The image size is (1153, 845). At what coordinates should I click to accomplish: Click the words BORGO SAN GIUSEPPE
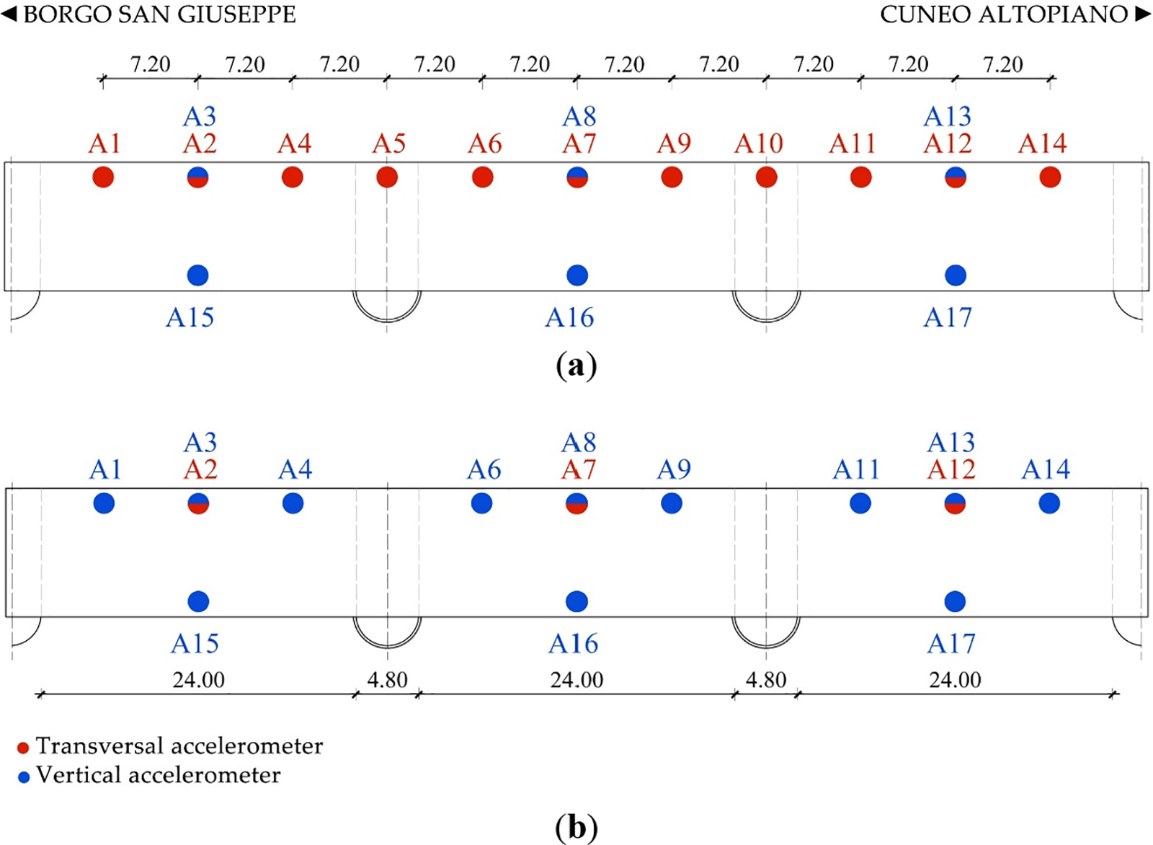159,14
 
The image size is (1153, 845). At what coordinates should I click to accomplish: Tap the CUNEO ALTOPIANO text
1004,14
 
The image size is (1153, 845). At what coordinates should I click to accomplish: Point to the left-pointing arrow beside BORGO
9,14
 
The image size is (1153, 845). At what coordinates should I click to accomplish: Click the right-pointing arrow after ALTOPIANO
1142,14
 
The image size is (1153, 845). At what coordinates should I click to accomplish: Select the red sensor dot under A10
766,177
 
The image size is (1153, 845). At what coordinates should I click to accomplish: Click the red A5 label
388,144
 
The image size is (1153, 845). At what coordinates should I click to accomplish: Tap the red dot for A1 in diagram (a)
103,177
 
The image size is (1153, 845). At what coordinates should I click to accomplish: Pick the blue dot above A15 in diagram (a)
197,275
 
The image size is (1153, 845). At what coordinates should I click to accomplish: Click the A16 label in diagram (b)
573,643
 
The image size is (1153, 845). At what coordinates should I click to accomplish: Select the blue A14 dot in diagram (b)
1049,503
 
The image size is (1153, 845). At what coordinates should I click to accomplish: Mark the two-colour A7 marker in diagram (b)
576,503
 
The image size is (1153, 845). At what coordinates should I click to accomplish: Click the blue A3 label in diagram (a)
200,117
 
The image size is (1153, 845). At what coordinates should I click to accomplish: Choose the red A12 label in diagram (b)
951,470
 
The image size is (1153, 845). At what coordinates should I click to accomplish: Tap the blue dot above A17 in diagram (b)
955,601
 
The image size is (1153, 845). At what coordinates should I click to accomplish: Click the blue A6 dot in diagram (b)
481,503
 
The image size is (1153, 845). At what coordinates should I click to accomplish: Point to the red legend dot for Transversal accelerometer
23,748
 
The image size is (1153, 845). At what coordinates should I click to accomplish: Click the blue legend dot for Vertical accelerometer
24,777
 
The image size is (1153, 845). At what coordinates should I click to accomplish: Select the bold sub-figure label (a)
576,366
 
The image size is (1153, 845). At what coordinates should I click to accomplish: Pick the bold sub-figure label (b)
576,827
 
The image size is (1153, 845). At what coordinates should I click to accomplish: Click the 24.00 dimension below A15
198,680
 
